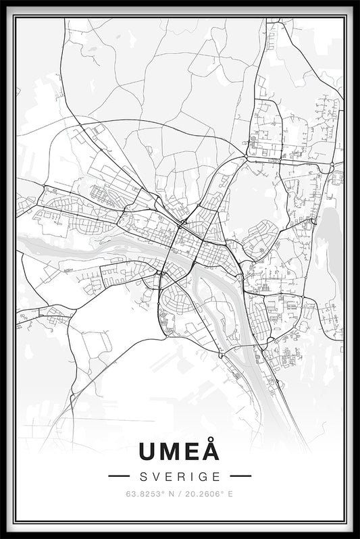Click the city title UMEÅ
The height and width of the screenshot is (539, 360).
click(180, 451)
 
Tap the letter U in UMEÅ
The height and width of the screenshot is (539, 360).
click(149, 451)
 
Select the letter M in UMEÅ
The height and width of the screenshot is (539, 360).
click(172, 451)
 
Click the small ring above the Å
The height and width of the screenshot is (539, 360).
click(211, 440)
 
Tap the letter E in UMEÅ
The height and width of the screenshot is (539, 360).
click(192, 451)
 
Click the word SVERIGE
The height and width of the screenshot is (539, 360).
click(180, 476)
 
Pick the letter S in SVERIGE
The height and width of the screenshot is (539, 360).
click(144, 476)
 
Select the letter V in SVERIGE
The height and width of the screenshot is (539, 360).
click(156, 476)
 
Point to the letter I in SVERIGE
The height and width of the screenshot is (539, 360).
click(192, 476)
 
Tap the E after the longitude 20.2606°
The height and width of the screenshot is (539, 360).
click(230, 494)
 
